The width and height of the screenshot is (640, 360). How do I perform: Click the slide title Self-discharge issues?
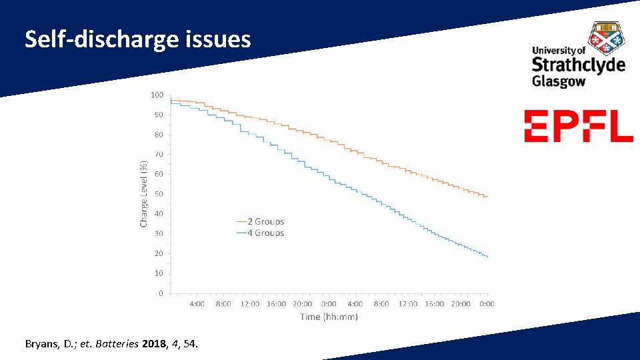138,40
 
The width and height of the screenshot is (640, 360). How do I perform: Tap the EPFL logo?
578,126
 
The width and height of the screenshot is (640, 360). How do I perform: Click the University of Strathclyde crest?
607,37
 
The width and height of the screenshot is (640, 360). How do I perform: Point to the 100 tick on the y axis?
157,95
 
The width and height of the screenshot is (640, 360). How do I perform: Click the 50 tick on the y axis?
159,194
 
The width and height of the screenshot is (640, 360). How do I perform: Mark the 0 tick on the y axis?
161,293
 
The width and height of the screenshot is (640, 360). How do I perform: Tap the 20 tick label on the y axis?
159,253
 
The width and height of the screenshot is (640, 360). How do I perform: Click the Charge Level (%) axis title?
143,193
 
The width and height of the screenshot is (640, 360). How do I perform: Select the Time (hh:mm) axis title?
329,317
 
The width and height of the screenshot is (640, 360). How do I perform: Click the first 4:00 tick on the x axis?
197,304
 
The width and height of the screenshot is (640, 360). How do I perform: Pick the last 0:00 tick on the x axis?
487,304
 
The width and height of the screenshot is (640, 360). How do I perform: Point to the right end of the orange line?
487,197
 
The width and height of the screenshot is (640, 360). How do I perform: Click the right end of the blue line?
487,257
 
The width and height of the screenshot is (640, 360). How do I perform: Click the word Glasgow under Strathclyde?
559,81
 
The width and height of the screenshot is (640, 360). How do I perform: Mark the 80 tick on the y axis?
159,135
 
